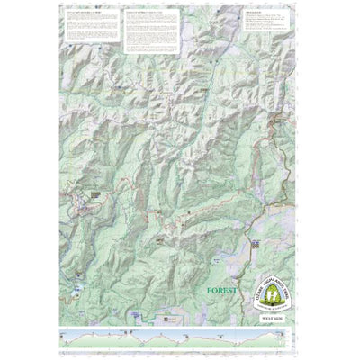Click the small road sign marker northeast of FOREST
[255, 243]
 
